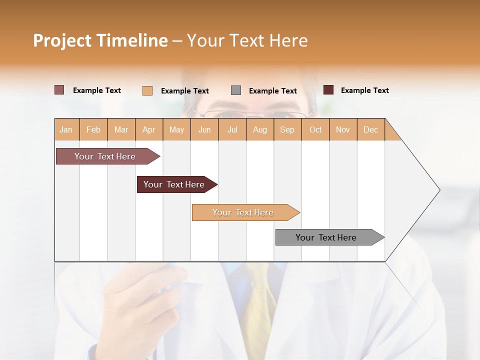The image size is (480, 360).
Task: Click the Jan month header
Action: click(x=66, y=129)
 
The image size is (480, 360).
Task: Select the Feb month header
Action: click(x=93, y=129)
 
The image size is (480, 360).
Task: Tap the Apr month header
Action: click(x=149, y=129)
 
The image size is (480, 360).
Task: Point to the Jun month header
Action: click(x=204, y=129)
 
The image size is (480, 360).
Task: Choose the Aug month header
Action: click(x=260, y=129)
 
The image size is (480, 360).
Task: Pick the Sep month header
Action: click(x=287, y=129)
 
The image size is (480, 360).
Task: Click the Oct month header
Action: click(x=315, y=129)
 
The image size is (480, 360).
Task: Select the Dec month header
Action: click(x=371, y=129)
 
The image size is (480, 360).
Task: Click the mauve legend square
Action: click(x=59, y=90)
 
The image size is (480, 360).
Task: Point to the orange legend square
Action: click(x=147, y=90)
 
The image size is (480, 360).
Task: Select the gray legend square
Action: click(x=236, y=90)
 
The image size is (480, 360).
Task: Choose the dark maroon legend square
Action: click(x=328, y=90)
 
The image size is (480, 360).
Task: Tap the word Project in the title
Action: click(x=62, y=40)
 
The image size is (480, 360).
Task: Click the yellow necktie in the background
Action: click(x=260, y=300)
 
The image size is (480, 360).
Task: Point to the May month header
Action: click(x=176, y=129)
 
